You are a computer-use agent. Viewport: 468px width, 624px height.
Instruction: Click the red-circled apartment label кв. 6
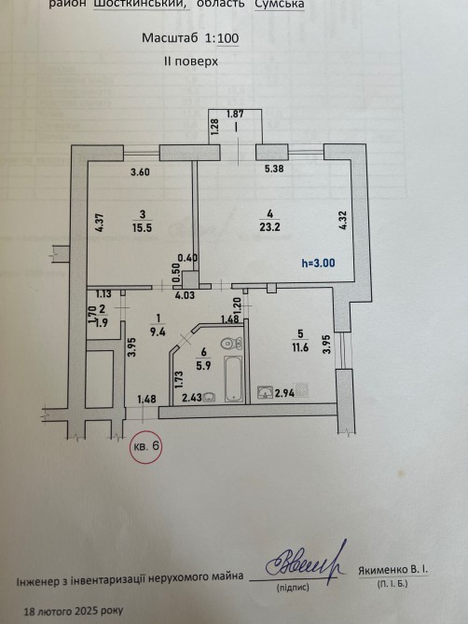point(146,446)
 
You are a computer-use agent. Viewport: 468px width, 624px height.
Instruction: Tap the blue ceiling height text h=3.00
point(318,263)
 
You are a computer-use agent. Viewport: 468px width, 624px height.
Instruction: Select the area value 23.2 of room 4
point(270,227)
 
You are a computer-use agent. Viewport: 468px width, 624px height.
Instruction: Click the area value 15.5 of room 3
point(143,228)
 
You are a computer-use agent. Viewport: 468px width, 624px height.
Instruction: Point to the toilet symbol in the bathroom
point(231,343)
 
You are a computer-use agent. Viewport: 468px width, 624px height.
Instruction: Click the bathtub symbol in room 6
point(233,378)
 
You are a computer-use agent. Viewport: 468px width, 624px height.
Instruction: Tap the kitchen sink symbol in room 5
point(264,392)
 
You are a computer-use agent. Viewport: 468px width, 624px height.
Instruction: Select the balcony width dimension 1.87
point(235,114)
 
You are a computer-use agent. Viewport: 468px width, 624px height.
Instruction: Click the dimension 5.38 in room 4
point(274,169)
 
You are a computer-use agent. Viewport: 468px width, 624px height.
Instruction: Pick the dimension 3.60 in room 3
point(140,172)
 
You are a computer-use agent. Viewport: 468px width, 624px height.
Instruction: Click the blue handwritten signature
point(306,562)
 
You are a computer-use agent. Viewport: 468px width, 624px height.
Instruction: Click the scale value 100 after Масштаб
point(228,38)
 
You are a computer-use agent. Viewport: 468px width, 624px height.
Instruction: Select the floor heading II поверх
point(191,61)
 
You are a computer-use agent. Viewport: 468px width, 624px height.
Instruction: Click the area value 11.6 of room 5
point(300,347)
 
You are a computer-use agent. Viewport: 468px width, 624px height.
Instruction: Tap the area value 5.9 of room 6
point(203,365)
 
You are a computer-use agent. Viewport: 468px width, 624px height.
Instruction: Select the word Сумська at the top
point(280,4)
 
